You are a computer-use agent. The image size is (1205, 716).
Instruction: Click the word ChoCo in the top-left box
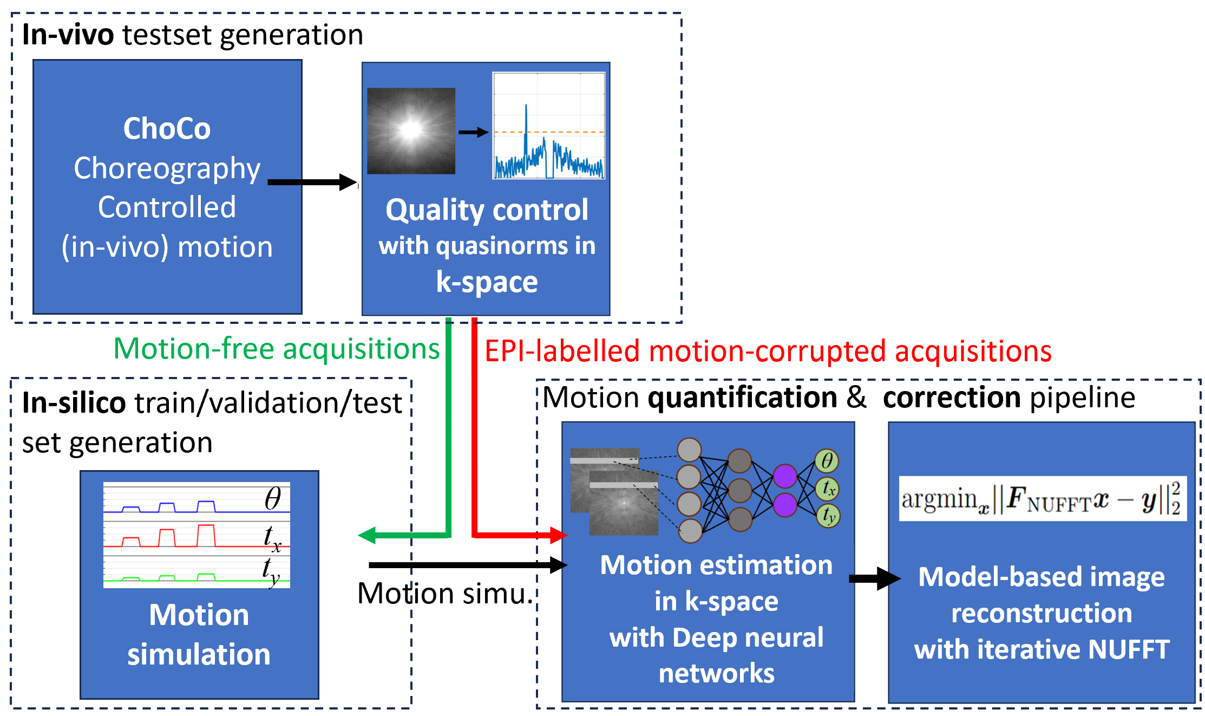[x=167, y=128]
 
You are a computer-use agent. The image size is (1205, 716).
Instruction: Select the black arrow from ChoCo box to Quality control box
[x=311, y=182]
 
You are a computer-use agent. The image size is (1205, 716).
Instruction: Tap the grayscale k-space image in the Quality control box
[x=411, y=131]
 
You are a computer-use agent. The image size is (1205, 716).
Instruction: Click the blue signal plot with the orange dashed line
[x=548, y=126]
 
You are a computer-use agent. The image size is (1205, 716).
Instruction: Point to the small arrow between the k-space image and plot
[x=473, y=132]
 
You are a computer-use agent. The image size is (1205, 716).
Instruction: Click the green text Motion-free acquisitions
[x=276, y=348]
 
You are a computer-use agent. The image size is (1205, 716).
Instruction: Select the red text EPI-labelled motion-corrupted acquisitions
[x=768, y=351]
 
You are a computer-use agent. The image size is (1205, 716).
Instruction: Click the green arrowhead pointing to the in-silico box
[x=368, y=535]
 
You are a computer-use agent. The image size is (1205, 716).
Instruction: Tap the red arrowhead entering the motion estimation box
[x=558, y=535]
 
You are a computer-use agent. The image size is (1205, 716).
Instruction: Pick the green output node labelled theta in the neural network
[x=827, y=461]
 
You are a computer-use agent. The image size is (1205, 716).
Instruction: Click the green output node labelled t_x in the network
[x=828, y=489]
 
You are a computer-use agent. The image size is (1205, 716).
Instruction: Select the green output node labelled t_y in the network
[x=828, y=515]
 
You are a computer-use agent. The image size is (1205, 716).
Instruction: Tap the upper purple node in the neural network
[x=784, y=476]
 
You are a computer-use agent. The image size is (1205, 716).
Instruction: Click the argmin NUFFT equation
[x=1042, y=499]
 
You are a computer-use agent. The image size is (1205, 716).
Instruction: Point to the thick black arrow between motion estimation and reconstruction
[x=874, y=578]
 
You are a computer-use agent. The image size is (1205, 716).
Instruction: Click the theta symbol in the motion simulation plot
[x=273, y=498]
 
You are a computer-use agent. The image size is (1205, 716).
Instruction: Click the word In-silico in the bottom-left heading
[x=74, y=403]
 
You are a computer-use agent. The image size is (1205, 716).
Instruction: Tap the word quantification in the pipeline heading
[x=742, y=398]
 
